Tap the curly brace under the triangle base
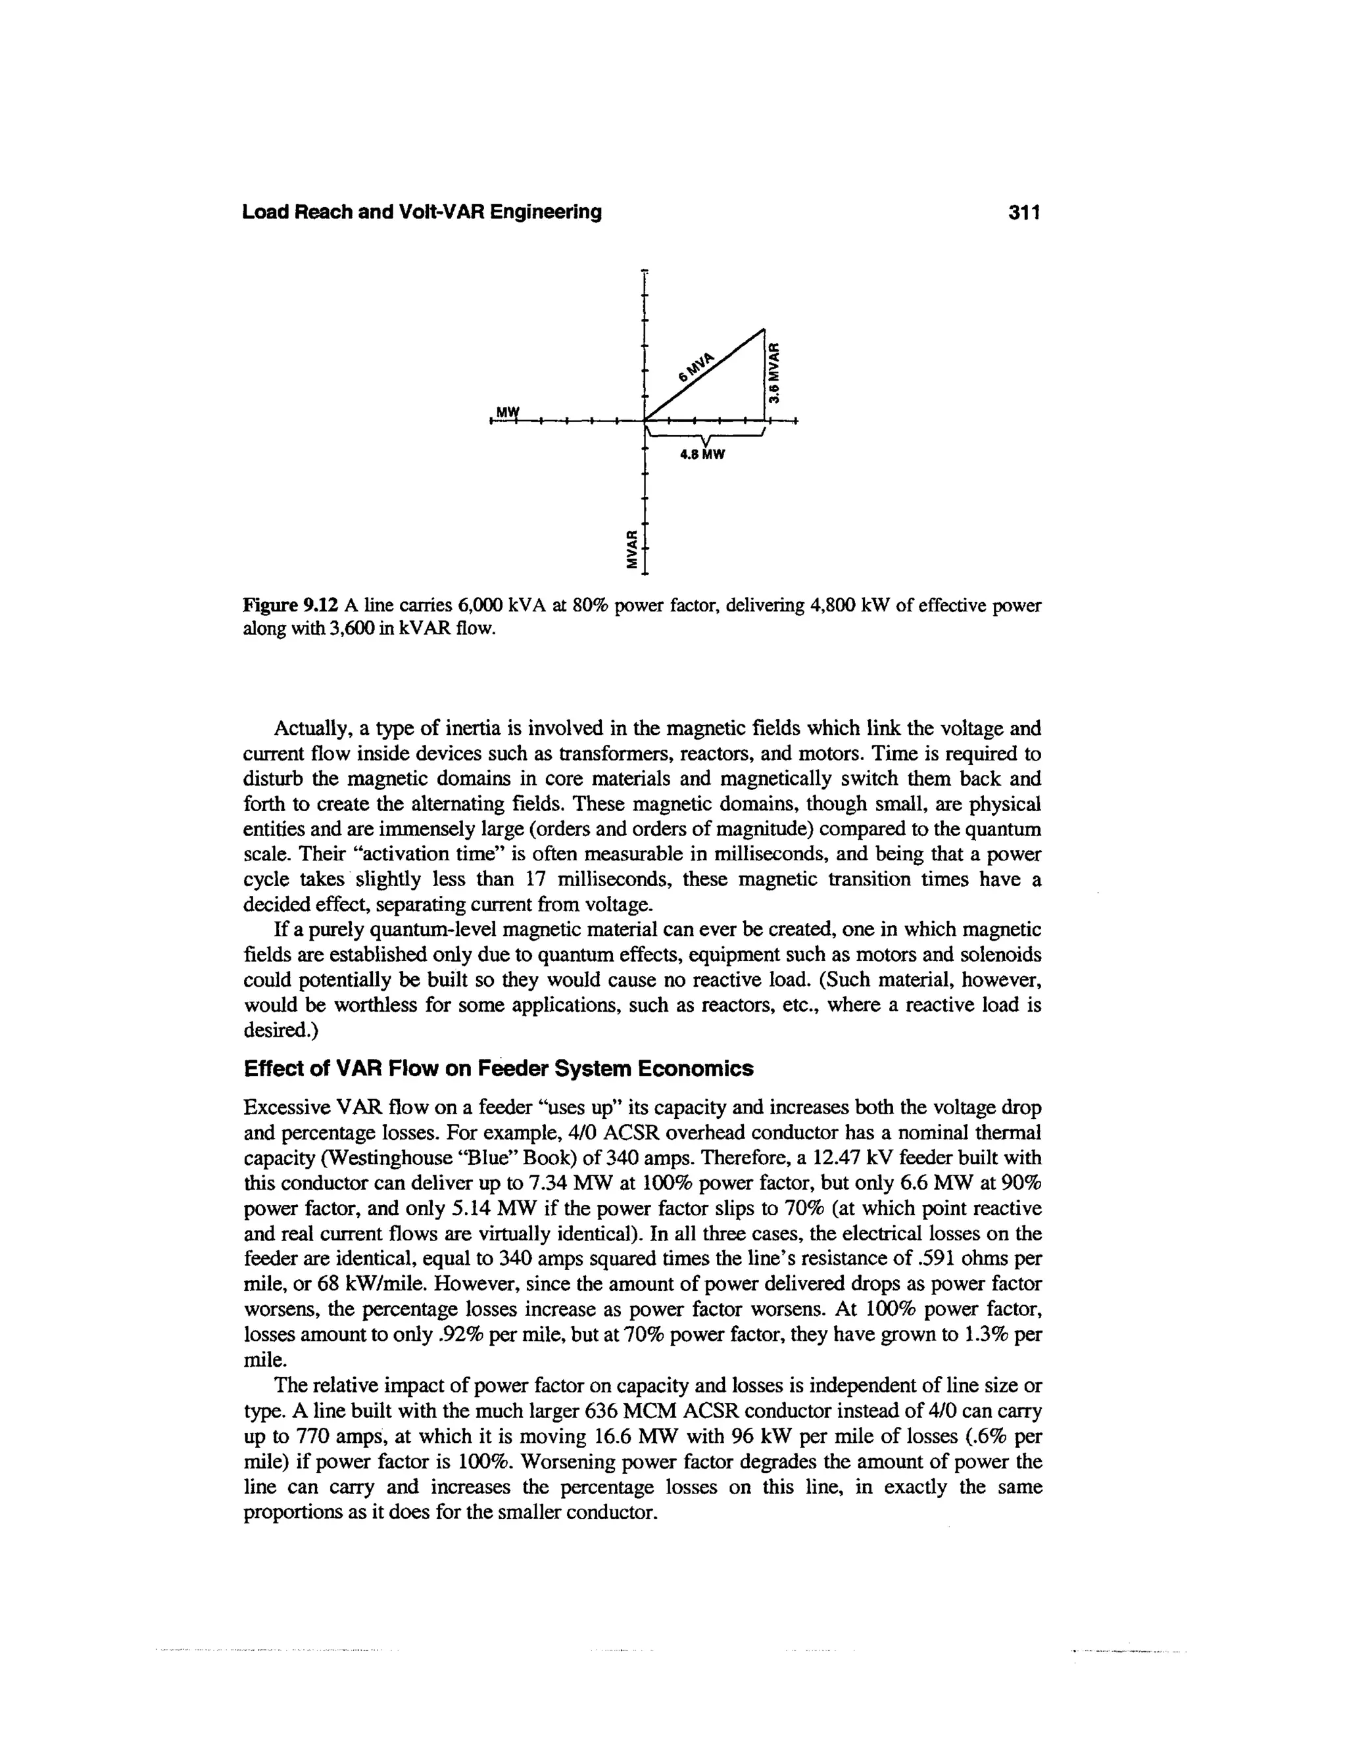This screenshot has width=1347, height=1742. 706,437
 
